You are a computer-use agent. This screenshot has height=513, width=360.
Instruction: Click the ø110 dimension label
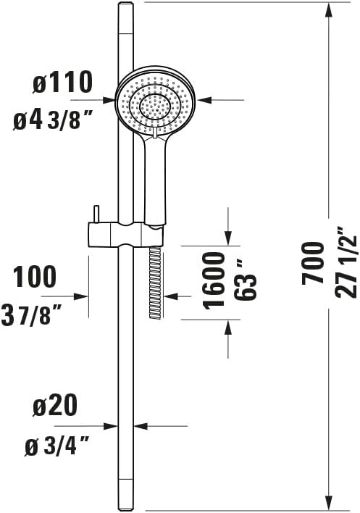click(x=63, y=83)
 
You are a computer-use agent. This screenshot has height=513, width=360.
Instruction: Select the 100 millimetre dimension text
click(x=35, y=277)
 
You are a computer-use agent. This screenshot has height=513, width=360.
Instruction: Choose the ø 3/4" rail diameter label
click(x=61, y=447)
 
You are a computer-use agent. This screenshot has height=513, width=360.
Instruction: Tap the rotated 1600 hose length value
click(x=214, y=280)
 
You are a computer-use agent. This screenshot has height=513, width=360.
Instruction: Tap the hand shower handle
click(x=155, y=178)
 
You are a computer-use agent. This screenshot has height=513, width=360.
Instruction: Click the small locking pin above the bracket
click(x=95, y=215)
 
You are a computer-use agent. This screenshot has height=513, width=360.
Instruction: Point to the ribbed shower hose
click(x=154, y=283)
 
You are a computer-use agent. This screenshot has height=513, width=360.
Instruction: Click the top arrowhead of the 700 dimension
click(x=330, y=9)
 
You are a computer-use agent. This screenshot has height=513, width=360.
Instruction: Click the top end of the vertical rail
click(x=125, y=6)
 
